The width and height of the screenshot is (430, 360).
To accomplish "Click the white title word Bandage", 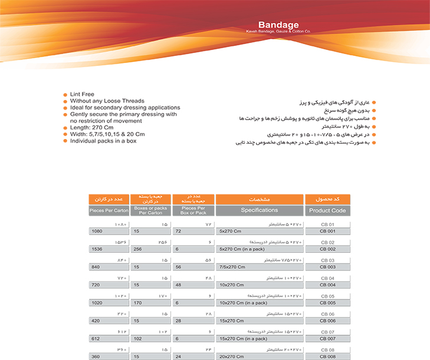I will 278,25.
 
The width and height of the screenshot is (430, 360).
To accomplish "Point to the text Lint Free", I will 82,94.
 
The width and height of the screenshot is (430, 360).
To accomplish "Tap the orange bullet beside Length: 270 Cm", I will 65,128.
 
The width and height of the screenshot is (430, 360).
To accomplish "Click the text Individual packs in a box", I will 103,141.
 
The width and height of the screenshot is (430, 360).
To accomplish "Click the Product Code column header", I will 327,210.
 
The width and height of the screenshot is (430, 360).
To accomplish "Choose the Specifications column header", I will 259,210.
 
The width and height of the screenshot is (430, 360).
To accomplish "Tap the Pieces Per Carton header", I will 109,210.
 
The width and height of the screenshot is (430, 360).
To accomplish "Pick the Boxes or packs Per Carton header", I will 150,210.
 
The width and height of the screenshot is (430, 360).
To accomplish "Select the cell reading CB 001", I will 327,232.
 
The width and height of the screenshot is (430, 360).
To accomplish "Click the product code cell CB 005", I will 327,303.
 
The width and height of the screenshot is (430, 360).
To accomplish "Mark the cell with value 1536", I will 109,249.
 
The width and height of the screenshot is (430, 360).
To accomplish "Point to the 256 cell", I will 150,249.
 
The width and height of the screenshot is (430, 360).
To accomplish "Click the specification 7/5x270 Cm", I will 259,267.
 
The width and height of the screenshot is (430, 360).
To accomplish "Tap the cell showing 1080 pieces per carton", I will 109,232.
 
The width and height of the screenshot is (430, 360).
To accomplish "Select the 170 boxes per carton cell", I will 150,303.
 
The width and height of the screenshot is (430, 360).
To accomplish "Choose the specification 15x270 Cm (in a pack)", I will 259,339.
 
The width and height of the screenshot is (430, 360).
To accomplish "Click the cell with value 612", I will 109,339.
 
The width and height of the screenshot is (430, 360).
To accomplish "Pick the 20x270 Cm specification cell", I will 259,356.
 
